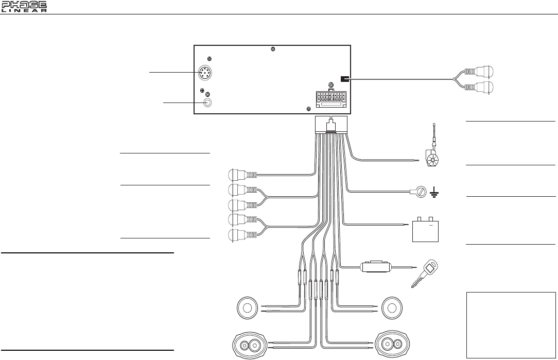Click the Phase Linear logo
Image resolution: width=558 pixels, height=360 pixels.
(x=24, y=7)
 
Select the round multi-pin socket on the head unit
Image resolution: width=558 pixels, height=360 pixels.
(x=207, y=74)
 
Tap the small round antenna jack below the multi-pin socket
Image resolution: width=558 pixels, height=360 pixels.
(x=208, y=102)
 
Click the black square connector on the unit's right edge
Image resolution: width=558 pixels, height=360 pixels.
(x=344, y=79)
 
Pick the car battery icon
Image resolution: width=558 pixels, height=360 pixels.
(x=426, y=230)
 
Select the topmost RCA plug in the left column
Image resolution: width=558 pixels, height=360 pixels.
(x=237, y=175)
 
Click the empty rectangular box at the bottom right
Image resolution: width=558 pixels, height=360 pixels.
(x=511, y=324)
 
